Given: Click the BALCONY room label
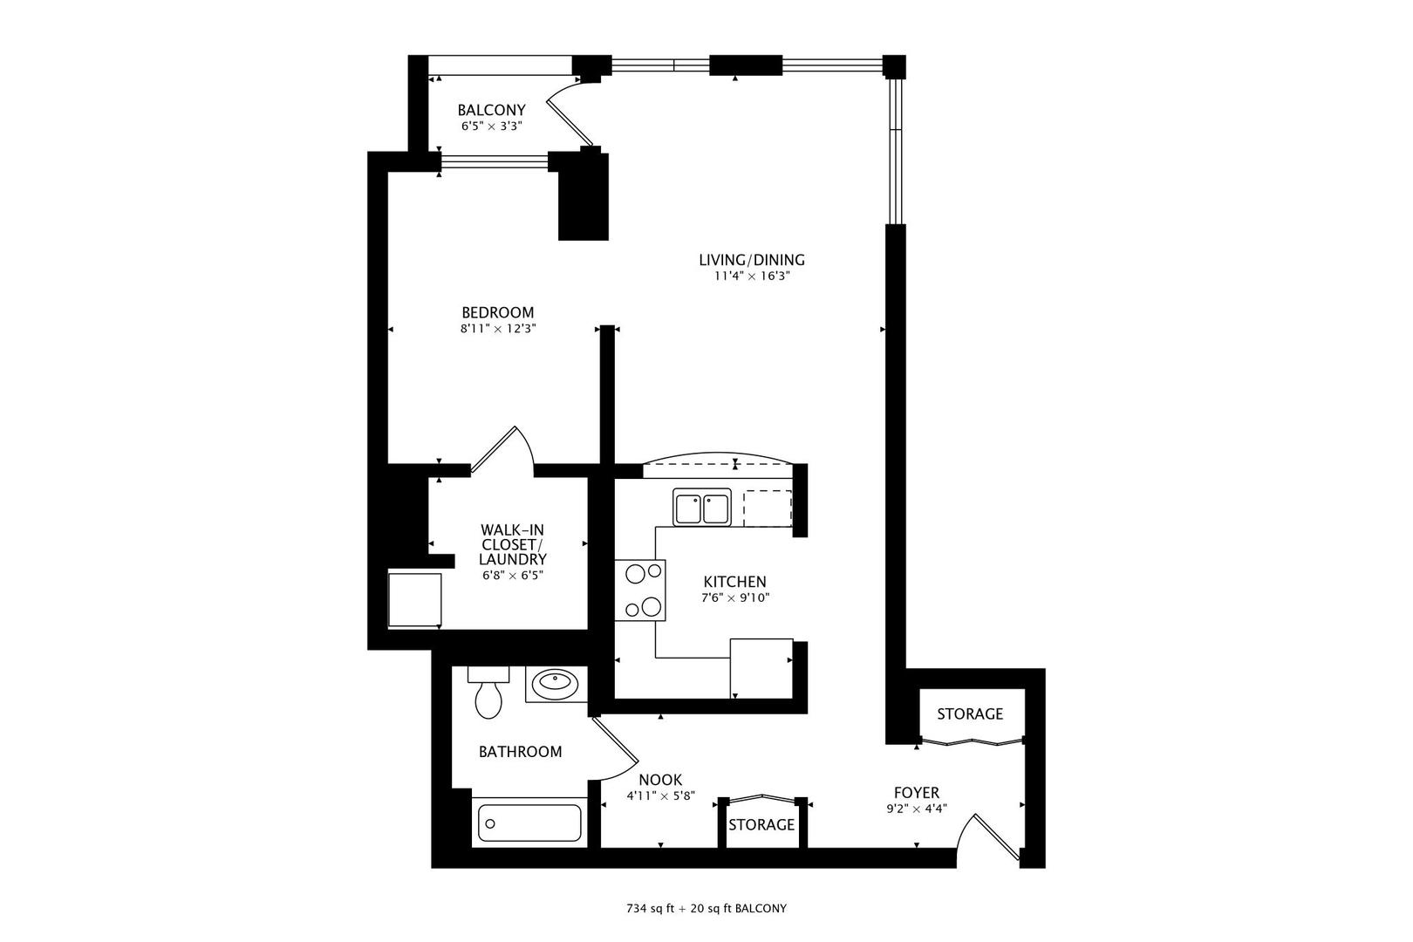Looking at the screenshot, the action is click(x=491, y=111).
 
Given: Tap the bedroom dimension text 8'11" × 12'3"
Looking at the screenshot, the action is click(x=498, y=329).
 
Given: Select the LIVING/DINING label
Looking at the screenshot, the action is click(x=752, y=259).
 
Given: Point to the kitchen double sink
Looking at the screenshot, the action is click(x=702, y=508).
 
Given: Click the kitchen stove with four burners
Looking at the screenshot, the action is click(x=639, y=590).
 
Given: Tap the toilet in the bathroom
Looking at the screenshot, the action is click(x=488, y=693).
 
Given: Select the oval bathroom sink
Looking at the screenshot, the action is click(x=555, y=683).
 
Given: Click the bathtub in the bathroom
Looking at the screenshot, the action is click(x=529, y=823).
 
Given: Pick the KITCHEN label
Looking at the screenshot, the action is click(x=735, y=581).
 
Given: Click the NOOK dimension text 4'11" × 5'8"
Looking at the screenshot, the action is click(x=660, y=795).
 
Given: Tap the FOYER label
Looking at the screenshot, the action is click(x=917, y=793).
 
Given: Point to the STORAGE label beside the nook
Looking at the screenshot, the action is click(x=761, y=824).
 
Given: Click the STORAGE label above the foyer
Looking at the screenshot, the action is click(x=970, y=713).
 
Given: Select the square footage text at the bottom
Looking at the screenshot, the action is click(x=706, y=909).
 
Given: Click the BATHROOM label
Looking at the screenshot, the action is click(x=520, y=752).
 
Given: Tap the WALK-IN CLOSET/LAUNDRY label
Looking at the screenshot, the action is click(x=512, y=544).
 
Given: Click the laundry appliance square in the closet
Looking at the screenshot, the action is click(x=414, y=600).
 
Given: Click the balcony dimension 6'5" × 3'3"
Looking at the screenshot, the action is click(x=491, y=126).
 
